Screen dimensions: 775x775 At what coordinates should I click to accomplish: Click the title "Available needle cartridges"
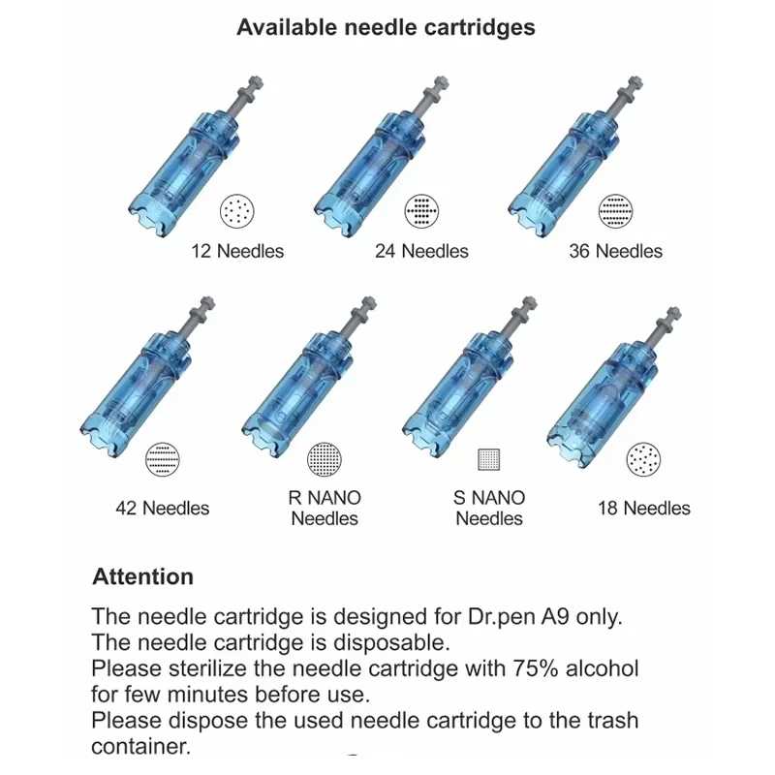click(386, 27)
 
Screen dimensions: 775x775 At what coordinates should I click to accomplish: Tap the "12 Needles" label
click(237, 251)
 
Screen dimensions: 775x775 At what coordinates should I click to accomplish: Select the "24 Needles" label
click(421, 251)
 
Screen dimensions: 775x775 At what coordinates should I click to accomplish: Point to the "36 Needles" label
click(615, 251)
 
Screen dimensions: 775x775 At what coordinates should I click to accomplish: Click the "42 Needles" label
click(163, 508)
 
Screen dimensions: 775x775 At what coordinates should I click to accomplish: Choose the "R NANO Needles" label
click(325, 508)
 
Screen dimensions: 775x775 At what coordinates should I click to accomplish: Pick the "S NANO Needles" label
click(489, 508)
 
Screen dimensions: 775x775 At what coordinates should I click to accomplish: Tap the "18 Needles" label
click(644, 508)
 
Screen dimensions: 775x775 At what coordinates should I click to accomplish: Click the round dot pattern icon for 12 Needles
click(236, 211)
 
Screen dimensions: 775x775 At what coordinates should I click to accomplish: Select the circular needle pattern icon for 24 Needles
click(421, 211)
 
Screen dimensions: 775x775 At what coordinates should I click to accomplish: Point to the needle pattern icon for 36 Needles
click(615, 211)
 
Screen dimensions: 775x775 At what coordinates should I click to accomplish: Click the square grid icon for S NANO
click(489, 459)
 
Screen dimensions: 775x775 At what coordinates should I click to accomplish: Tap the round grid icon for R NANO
click(325, 459)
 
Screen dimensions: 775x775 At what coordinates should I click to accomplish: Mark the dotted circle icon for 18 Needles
click(643, 459)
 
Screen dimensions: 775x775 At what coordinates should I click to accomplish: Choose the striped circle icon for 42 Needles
click(163, 459)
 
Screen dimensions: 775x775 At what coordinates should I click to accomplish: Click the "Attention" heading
click(142, 576)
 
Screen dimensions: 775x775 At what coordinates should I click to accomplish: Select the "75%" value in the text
click(536, 668)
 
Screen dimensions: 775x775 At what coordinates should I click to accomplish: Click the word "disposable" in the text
click(391, 643)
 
